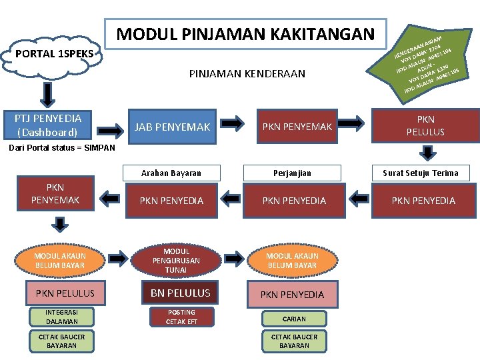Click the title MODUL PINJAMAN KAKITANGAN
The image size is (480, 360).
pos(246,33)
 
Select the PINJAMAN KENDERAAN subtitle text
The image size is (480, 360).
pos(247,73)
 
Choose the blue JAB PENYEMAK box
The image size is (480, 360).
pos(173,127)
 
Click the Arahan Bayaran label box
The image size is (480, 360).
pos(172,173)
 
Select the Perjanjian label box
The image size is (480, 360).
pos(294,173)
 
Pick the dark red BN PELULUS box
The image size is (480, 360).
pos(180,293)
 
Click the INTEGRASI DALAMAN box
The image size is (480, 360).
pos(61,317)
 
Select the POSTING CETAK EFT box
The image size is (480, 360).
pos(181,317)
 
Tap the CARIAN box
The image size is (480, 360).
pos(294,319)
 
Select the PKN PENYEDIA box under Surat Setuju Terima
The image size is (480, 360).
pos(423,201)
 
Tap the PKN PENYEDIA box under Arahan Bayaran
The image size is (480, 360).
pos(172,201)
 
